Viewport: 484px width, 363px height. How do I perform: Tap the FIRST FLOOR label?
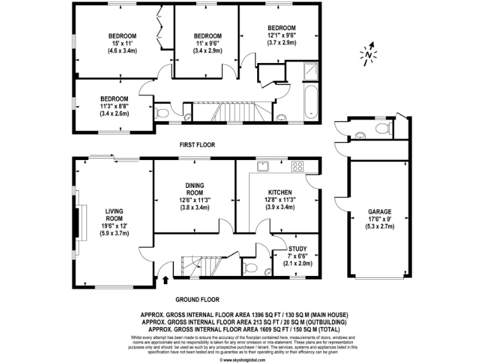point(197,145)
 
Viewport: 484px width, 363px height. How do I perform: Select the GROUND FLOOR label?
point(197,301)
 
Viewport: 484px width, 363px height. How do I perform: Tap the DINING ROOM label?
point(195,188)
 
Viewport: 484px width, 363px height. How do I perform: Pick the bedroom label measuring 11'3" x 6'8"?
point(114,99)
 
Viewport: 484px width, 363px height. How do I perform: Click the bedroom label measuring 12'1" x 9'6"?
point(281,28)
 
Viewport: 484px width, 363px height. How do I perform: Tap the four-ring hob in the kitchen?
point(297,167)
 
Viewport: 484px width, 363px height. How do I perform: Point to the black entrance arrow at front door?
point(166,279)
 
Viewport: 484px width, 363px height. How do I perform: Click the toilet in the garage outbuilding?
point(382,128)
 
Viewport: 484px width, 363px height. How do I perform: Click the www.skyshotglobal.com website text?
point(242,360)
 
